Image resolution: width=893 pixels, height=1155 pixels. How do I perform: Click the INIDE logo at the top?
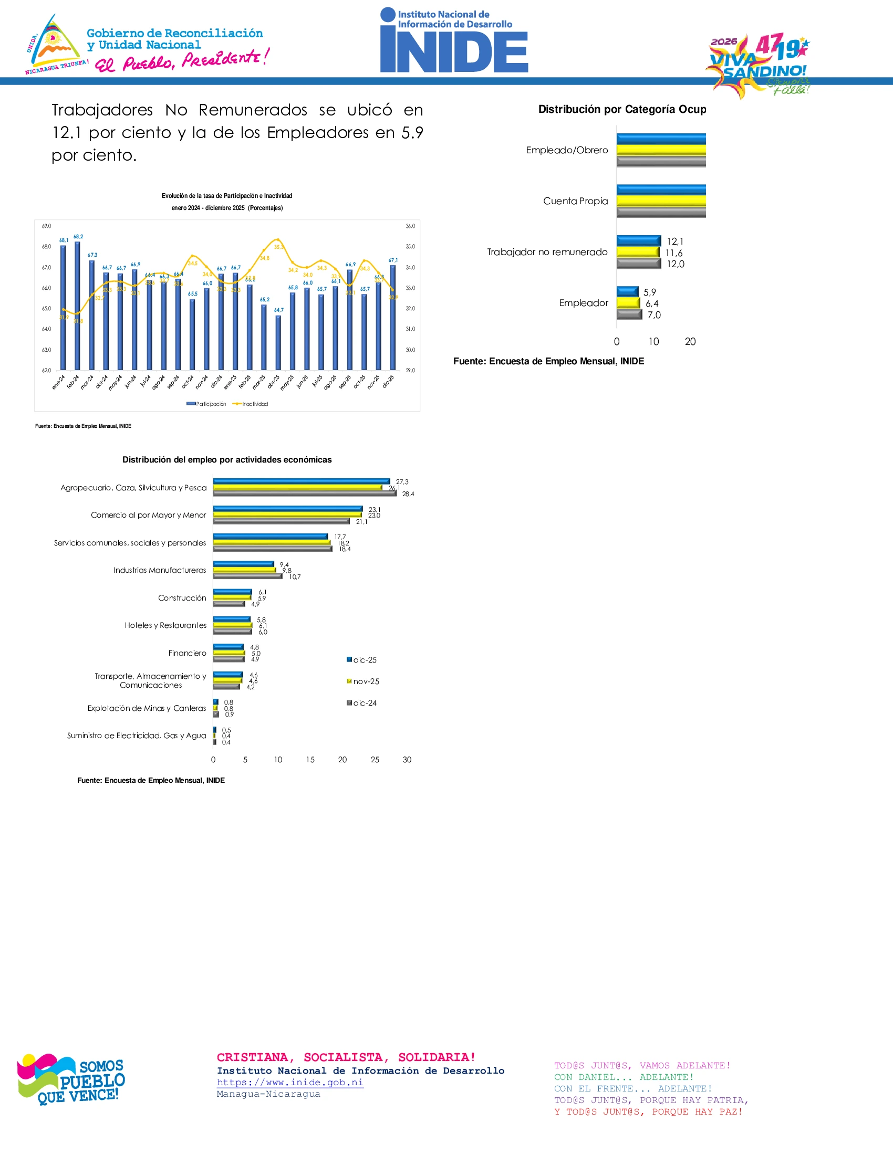454,41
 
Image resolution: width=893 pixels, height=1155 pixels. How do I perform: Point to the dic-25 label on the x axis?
389,381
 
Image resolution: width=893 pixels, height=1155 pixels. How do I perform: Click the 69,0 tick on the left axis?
47,226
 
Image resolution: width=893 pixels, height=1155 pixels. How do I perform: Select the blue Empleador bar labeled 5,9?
627,291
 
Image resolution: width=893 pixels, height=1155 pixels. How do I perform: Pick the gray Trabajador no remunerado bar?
639,264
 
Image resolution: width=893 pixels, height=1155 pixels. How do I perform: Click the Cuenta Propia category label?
576,201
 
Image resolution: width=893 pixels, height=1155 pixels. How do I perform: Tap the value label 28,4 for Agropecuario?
408,494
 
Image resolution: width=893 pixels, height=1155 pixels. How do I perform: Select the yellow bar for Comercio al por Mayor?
287,514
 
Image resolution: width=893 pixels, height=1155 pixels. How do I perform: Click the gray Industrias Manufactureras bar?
247,576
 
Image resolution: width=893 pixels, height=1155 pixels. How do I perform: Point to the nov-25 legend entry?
366,681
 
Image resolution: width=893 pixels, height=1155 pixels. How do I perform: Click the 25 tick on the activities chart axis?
375,760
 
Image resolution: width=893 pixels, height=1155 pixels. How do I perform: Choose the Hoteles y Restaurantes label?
165,625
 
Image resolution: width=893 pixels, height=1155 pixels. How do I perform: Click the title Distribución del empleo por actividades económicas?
227,459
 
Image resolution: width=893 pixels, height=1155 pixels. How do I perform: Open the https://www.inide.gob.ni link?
290,1082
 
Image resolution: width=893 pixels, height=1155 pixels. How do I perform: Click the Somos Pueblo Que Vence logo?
71,1079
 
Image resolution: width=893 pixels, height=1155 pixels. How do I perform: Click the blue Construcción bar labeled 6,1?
233,592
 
